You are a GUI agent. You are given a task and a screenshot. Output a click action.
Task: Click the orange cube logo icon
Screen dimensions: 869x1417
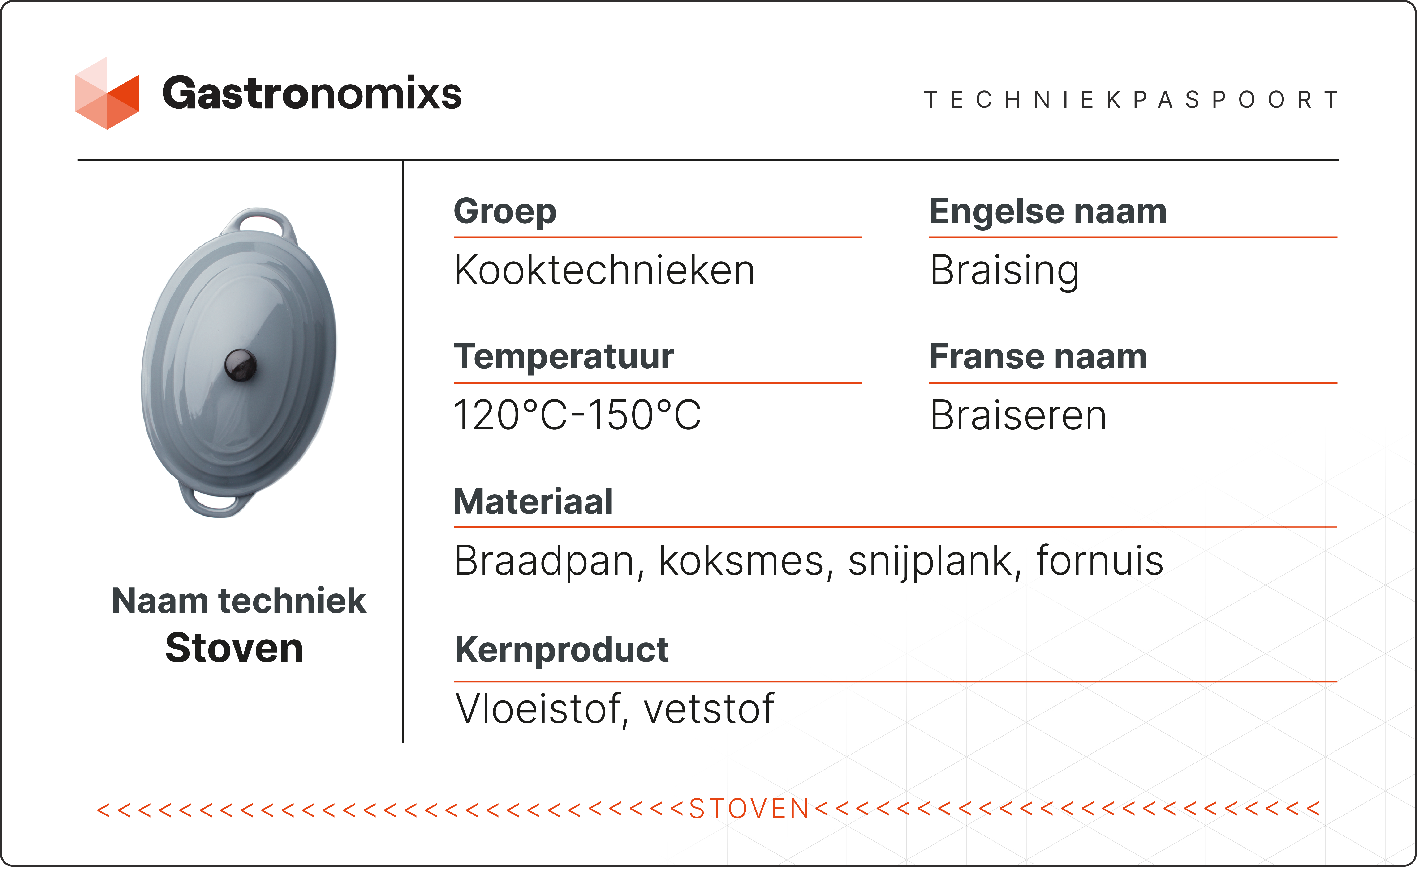coord(107,94)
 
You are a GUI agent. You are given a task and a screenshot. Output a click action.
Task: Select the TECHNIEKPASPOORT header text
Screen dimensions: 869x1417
coord(1131,99)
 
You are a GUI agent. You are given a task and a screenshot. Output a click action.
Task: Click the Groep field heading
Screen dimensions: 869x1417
coord(505,212)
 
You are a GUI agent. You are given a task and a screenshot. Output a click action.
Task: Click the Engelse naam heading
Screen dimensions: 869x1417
coord(1048,212)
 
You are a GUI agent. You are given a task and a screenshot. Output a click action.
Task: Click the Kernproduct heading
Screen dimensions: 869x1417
coord(561,650)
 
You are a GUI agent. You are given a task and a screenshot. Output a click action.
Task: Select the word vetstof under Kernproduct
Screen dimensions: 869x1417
coord(708,709)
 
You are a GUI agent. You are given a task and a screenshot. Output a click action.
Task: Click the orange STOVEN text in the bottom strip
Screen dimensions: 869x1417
coord(749,809)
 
